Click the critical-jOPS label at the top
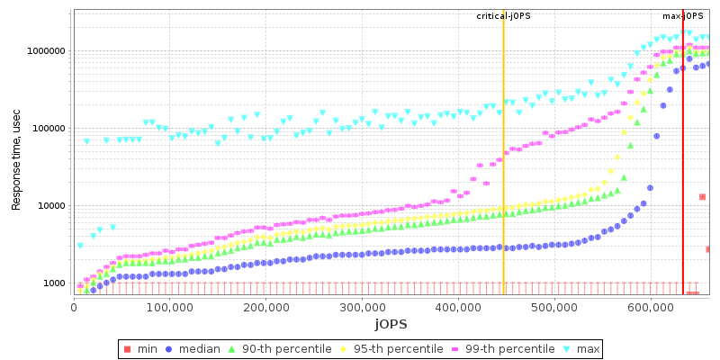click(503, 16)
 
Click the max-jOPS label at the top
click(683, 16)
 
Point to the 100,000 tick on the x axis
click(169, 306)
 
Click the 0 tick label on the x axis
click(73, 306)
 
